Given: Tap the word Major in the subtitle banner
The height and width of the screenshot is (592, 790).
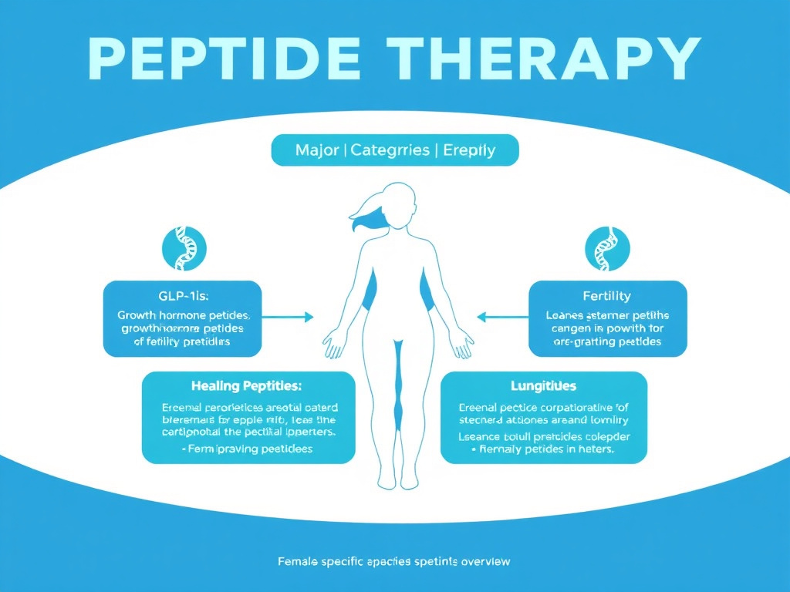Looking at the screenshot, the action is point(316,150).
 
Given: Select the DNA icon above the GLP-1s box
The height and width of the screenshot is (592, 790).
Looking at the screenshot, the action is point(183,249).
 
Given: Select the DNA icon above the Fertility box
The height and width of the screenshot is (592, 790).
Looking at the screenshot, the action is point(608,249).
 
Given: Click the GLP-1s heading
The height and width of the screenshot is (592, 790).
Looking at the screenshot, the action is point(182,296).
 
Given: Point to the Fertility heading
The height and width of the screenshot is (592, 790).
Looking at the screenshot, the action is point(607,296).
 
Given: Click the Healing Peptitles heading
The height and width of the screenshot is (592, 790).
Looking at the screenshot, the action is point(247,385).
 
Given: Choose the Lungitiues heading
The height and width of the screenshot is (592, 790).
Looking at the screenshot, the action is point(543,385).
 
